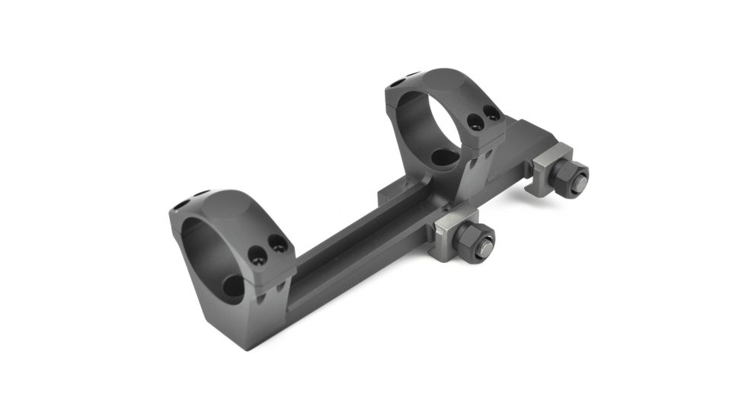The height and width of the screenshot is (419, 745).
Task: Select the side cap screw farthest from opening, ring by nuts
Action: click(x=492, y=114)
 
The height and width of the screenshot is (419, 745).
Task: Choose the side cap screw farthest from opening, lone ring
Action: click(x=279, y=243)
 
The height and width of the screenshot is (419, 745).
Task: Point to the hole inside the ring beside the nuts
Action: click(x=443, y=157)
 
